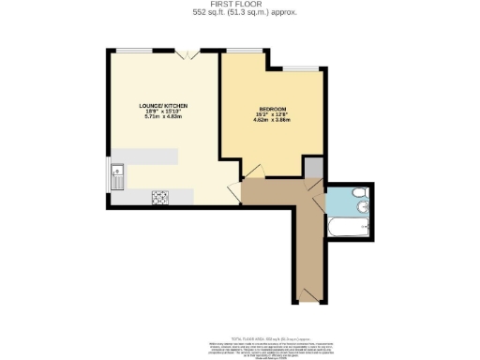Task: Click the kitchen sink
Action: [119, 175]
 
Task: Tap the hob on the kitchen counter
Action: [159, 196]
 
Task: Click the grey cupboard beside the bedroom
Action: [313, 166]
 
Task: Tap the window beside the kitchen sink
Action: [108, 175]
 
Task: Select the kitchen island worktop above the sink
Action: [143, 159]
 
